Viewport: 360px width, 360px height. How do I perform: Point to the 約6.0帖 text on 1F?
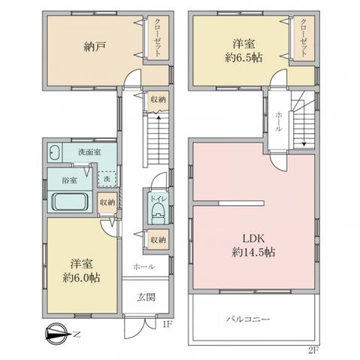pyautogui.click(x=82, y=276)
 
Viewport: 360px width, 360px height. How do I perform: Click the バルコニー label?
pyautogui.click(x=247, y=319)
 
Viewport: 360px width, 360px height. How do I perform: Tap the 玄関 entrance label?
pyautogui.click(x=146, y=297)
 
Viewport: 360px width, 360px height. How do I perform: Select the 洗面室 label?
pyautogui.click(x=92, y=153)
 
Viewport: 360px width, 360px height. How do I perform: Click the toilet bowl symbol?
pyautogui.click(x=156, y=213)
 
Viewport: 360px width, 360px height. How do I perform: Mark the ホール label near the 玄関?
pyautogui.click(x=144, y=267)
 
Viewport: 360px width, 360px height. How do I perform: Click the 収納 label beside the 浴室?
pyautogui.click(x=108, y=202)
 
